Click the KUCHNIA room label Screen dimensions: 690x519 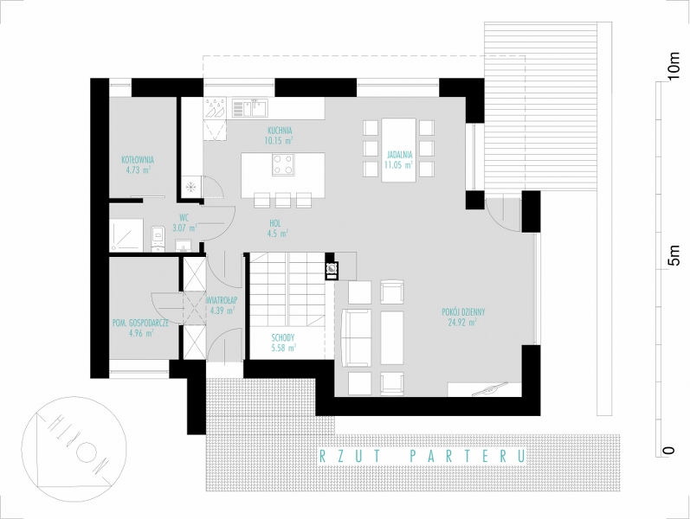[280, 131]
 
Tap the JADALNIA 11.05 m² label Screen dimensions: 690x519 [399, 160]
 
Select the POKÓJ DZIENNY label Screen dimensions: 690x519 [463, 312]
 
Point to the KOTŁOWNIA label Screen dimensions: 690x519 [138, 160]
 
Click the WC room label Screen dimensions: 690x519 [184, 217]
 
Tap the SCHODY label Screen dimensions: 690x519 [283, 338]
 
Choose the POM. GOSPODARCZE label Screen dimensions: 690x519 [141, 324]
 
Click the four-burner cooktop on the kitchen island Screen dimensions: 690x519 [283, 164]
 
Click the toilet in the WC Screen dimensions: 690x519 [157, 239]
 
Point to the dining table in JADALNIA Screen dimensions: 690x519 [399, 150]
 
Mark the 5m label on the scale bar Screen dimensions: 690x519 [673, 255]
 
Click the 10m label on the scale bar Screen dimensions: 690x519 [673, 67]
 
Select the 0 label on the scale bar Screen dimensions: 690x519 [669, 451]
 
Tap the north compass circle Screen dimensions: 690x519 [67, 452]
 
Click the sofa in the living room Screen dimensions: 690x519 [357, 337]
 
